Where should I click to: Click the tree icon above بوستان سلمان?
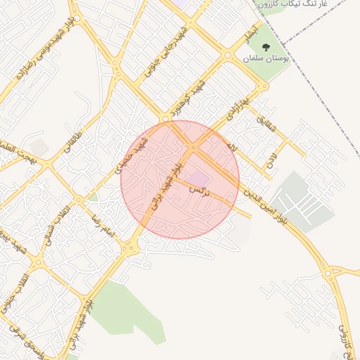[264, 47]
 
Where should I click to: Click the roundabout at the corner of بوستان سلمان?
[263, 87]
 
